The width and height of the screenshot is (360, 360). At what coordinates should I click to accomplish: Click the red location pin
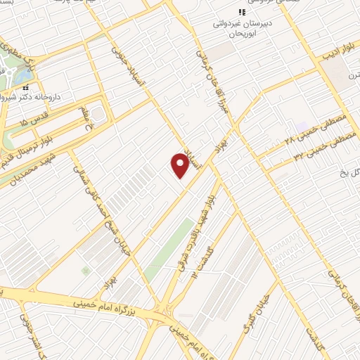(181, 165)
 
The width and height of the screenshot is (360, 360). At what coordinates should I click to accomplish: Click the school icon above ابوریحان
(242, 12)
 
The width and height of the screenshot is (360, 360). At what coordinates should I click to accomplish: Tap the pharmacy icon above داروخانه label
(26, 88)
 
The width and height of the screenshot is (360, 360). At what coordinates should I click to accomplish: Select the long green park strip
(169, 249)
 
